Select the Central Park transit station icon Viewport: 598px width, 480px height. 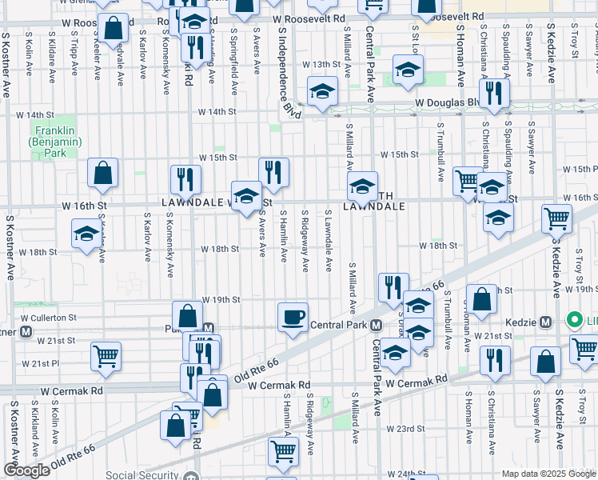[375, 325]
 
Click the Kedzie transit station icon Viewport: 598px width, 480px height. [545, 322]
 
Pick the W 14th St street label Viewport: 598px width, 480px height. [219, 113]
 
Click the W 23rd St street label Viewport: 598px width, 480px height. [405, 429]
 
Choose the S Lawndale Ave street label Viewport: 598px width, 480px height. [329, 241]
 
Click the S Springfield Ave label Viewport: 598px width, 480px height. [233, 56]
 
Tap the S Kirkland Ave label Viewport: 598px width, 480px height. [35, 433]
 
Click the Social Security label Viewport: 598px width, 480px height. [144, 476]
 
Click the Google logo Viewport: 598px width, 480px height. [26, 470]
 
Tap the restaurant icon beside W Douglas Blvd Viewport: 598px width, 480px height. [497, 94]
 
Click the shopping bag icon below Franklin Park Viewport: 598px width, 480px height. [103, 173]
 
